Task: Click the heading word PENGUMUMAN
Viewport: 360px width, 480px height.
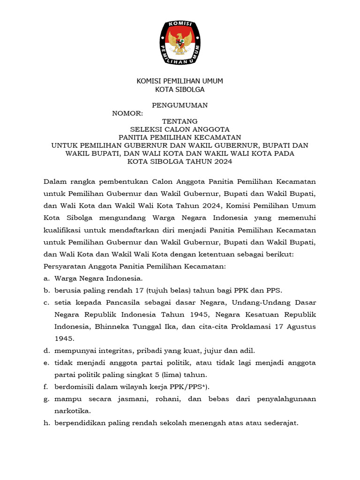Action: point(180,105)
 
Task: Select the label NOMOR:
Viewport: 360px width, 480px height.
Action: point(127,113)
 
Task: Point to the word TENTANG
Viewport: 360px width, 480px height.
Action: point(180,121)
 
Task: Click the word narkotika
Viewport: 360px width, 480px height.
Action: point(73,411)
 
